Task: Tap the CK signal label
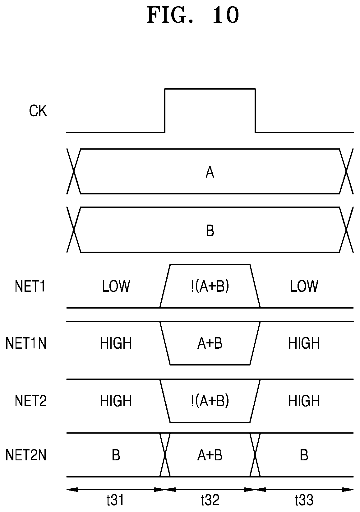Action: (38, 111)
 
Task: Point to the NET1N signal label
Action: (26, 343)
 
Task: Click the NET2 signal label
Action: (30, 401)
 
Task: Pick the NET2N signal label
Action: (26, 455)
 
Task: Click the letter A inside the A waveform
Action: (210, 172)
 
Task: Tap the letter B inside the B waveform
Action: (210, 230)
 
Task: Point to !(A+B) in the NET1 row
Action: (210, 286)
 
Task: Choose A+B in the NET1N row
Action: (210, 343)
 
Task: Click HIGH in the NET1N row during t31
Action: (116, 343)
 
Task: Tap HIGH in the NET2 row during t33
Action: (304, 401)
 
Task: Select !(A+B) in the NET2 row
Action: (210, 401)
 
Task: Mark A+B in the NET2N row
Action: (210, 455)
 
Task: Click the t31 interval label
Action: (115, 500)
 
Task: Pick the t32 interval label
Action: (210, 500)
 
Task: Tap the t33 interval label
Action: (304, 500)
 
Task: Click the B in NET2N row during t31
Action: (116, 455)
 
